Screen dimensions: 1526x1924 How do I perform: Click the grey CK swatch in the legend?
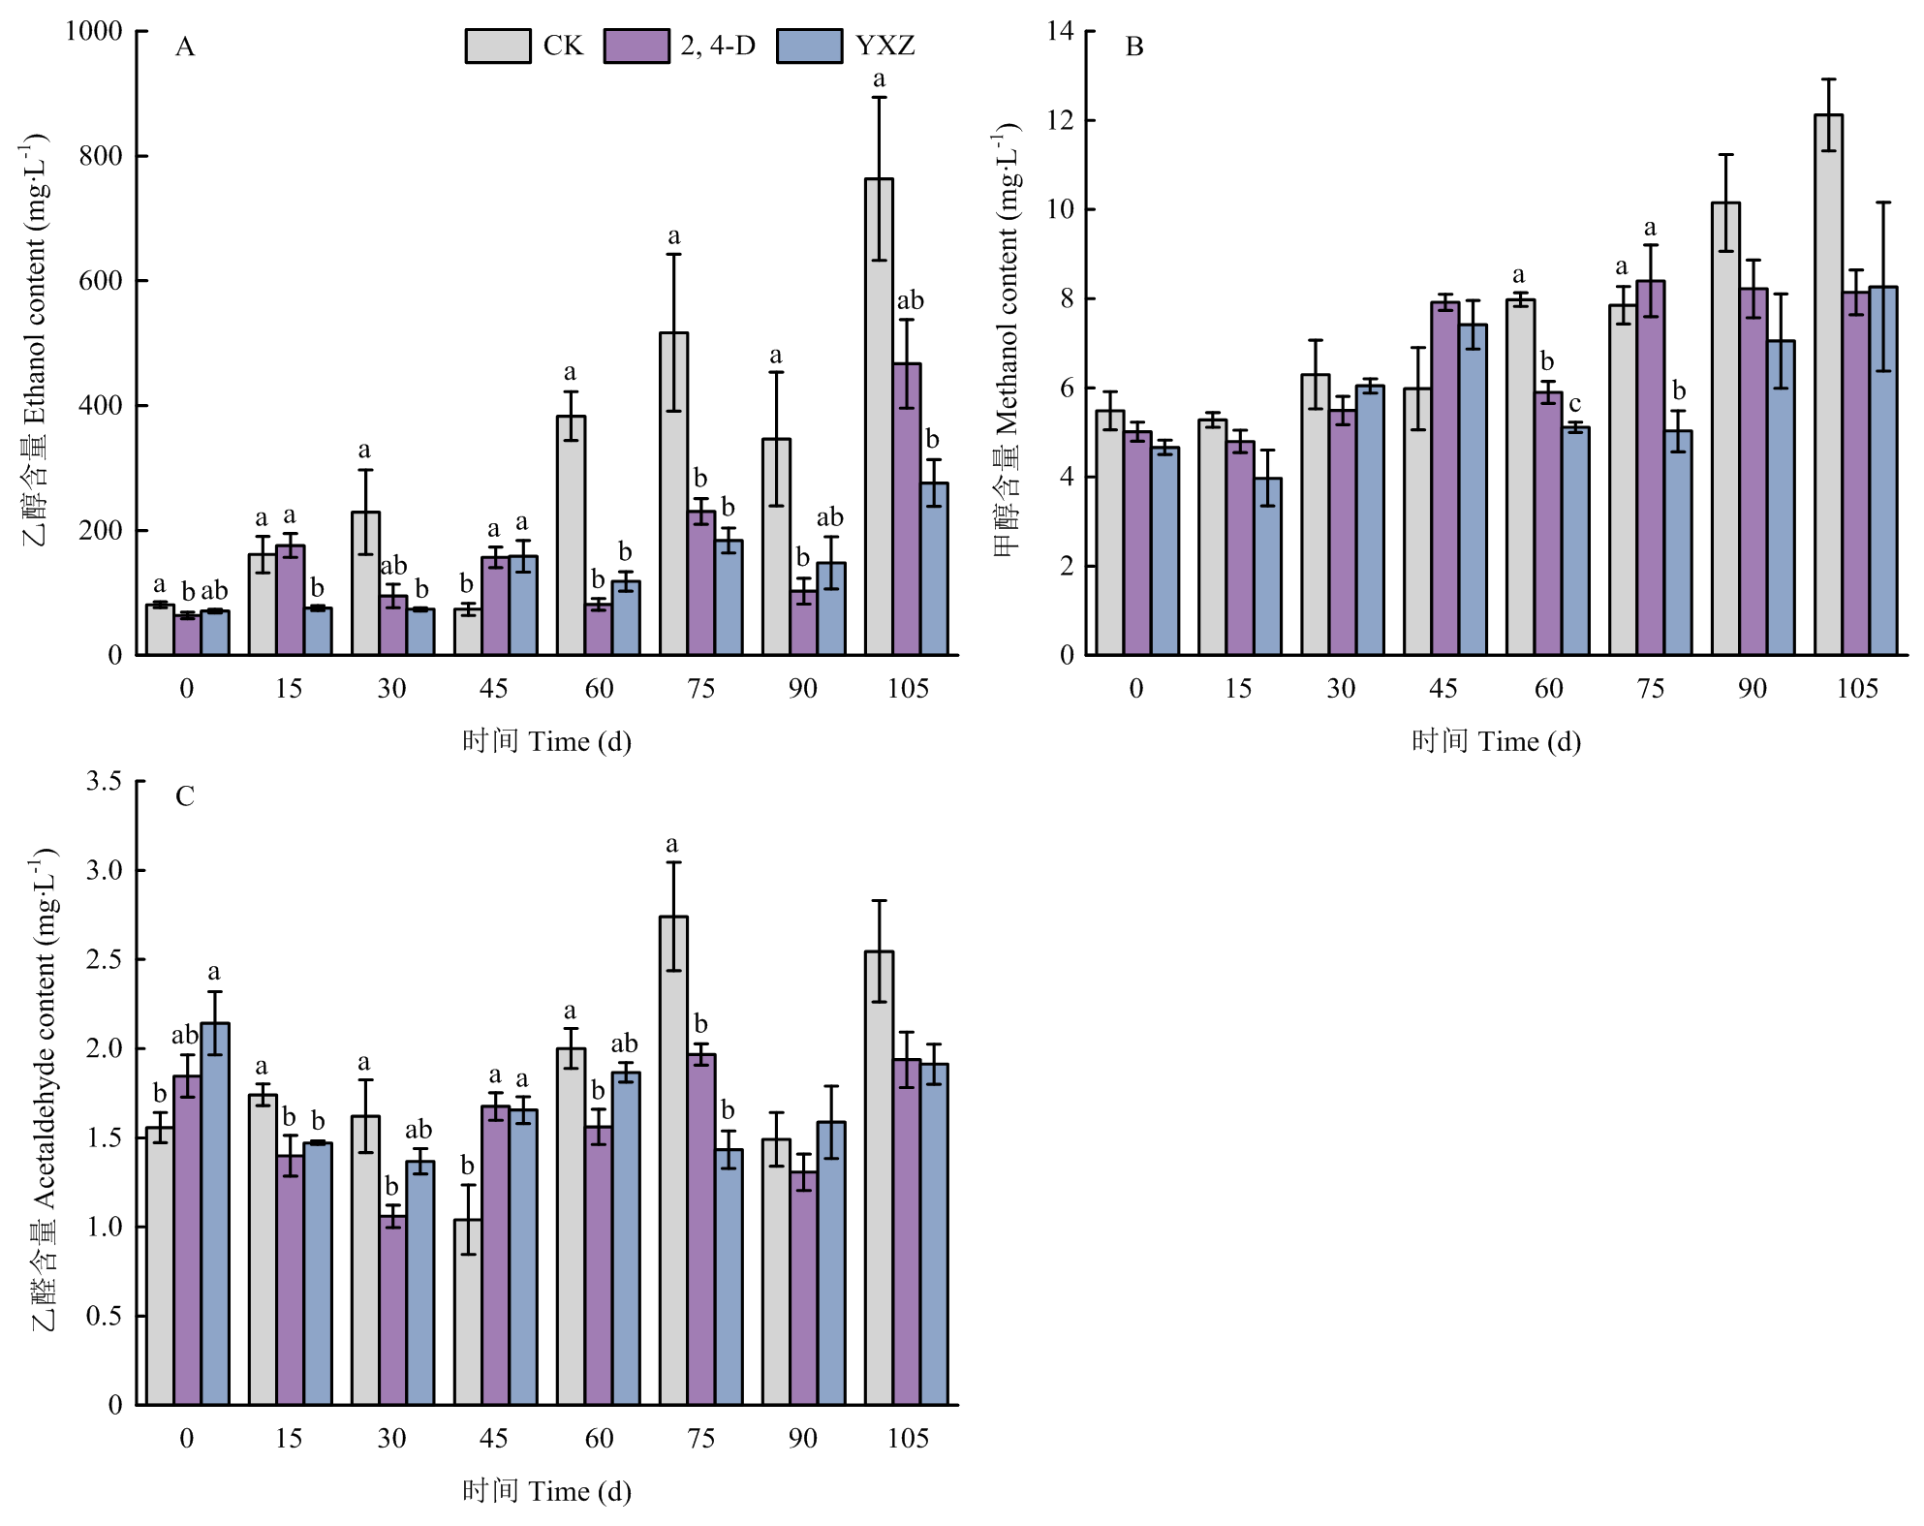(x=497, y=46)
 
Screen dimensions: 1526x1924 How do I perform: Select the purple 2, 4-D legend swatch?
(x=636, y=46)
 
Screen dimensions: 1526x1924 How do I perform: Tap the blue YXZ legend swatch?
(x=809, y=46)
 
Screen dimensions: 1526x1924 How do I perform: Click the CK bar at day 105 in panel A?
(x=879, y=417)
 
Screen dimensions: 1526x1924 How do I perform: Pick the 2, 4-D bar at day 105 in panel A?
(x=907, y=509)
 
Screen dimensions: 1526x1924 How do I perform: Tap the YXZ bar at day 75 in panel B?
(x=1678, y=543)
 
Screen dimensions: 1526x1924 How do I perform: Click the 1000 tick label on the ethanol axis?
(x=94, y=31)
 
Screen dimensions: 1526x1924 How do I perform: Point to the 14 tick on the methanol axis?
(x=1061, y=31)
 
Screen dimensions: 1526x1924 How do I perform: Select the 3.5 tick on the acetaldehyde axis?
(x=104, y=781)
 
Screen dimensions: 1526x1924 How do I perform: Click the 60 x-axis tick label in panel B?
(x=1548, y=688)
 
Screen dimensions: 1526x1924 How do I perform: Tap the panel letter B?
(x=1134, y=47)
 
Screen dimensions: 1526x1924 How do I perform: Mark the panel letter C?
(x=184, y=796)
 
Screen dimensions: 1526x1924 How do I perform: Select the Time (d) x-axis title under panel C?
(x=546, y=1490)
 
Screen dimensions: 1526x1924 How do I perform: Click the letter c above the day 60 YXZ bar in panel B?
(x=1574, y=404)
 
